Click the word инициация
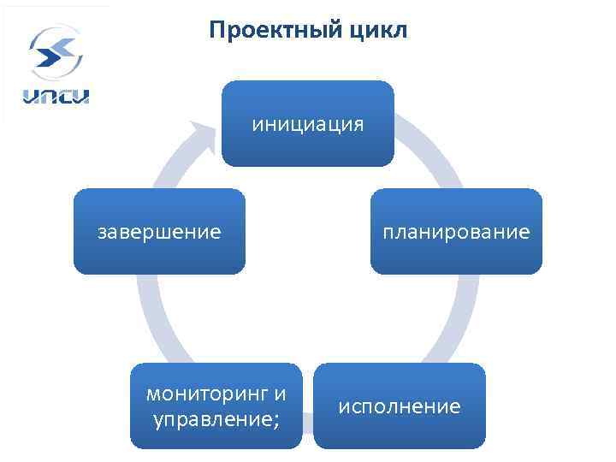tap(307, 125)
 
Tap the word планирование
tap(456, 232)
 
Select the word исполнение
tap(399, 406)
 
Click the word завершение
tap(159, 232)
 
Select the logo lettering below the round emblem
tap(56, 95)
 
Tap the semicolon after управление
tap(275, 421)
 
